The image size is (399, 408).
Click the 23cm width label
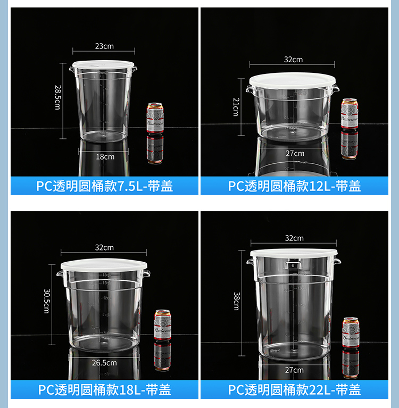pos(104,46)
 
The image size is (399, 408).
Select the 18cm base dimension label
pos(105,156)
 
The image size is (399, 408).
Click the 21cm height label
pos(235,107)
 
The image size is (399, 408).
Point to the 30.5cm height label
pos(46,301)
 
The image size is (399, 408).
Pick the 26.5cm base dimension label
pos(104,363)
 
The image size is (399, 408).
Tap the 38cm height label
pos(236,302)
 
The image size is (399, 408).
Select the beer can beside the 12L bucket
pos(350,113)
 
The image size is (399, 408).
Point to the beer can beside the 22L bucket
pos(350,332)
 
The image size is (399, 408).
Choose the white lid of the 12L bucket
pos(293,80)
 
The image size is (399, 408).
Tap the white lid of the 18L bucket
pos(104,264)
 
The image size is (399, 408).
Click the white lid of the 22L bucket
pos(294,253)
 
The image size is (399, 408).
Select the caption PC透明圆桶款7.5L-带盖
pos(104,186)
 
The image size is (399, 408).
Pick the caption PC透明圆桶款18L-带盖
pos(104,390)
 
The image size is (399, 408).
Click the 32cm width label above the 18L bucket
pos(104,247)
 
